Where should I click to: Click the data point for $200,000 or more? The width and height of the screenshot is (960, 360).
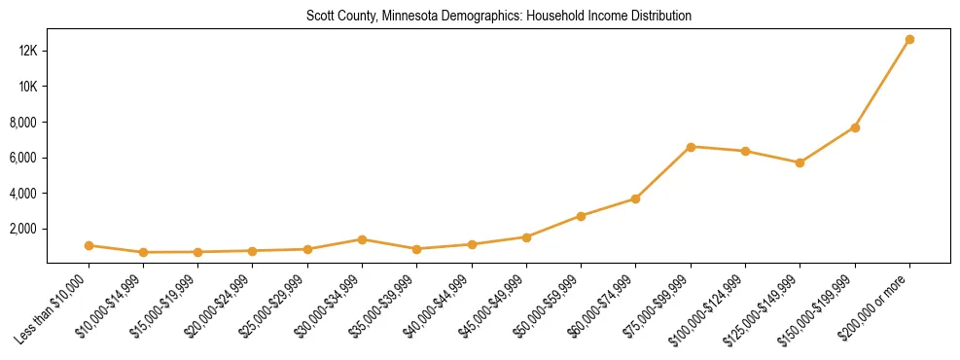[x=909, y=40]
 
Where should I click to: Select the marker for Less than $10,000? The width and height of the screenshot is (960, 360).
[x=89, y=245]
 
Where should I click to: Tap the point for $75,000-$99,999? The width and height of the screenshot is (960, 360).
[x=691, y=147]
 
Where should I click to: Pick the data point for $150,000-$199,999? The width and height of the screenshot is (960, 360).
[x=855, y=127]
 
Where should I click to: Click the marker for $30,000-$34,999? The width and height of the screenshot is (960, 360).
[x=362, y=239]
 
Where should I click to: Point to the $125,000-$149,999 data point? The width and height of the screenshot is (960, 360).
[x=800, y=162]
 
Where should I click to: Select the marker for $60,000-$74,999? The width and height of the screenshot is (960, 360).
[x=635, y=198]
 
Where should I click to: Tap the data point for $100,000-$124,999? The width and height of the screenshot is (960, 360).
[x=745, y=151]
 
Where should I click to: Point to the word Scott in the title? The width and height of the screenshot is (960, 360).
[x=318, y=17]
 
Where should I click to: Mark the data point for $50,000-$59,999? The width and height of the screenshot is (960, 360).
[x=581, y=216]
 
